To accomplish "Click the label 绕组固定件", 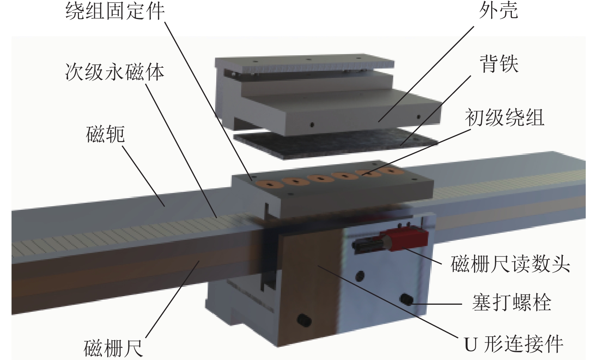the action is [115, 11].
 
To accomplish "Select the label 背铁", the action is [499, 64].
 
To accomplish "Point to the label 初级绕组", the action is [504, 118].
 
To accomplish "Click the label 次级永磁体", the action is [115, 72].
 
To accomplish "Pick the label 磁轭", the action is [105, 134].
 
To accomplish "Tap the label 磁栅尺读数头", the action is [510, 264].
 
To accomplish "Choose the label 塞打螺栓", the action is [512, 303].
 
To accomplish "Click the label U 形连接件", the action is [514, 344].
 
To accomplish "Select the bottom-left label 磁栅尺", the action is [113, 348].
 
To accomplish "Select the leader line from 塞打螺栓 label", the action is [438, 304].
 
